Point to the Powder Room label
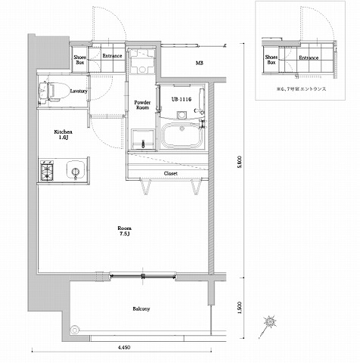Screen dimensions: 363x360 (143, 105)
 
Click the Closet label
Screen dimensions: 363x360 (172, 173)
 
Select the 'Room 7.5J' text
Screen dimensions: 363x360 (125, 231)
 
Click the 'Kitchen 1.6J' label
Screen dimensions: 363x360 (62, 135)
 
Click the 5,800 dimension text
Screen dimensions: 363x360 (240, 162)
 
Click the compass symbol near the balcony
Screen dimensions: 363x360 (270, 321)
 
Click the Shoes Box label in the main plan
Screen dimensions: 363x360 (79, 59)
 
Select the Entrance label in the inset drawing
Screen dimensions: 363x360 (308, 57)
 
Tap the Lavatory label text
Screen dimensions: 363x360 (78, 92)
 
